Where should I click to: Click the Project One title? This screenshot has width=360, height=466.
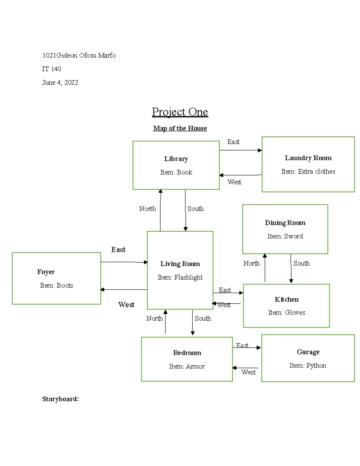click(180, 112)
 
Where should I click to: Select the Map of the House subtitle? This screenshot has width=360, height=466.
click(180, 128)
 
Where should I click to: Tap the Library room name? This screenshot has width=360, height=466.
click(176, 159)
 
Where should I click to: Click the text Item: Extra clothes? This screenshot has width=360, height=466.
click(308, 172)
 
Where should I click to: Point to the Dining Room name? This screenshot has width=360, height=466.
click(285, 223)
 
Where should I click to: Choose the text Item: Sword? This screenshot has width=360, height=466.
click(285, 236)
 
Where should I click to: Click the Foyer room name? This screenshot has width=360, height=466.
click(46, 272)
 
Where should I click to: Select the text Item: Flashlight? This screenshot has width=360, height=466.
click(180, 278)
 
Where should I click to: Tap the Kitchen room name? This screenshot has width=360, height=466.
click(286, 299)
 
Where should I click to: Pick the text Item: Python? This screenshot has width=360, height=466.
click(307, 366)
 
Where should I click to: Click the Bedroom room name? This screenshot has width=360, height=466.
click(187, 353)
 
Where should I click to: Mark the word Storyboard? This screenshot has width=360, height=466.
click(60, 399)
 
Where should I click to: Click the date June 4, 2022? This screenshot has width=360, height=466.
click(60, 83)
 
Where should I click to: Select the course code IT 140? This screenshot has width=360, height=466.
click(52, 69)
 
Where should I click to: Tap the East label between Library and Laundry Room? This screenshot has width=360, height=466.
click(233, 142)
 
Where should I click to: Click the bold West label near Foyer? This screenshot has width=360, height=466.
click(126, 305)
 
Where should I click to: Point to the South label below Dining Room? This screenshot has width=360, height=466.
click(301, 263)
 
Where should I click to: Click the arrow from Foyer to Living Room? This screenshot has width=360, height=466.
click(124, 262)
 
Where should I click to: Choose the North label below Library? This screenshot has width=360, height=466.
click(147, 209)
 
